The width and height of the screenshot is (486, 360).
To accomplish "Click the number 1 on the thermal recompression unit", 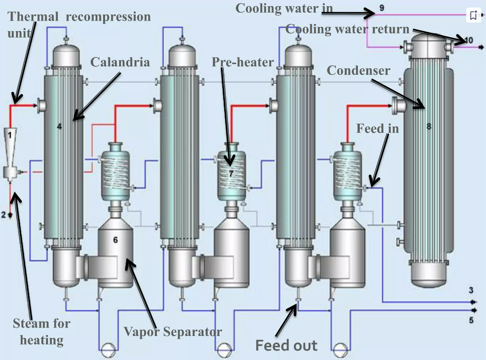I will (9, 135).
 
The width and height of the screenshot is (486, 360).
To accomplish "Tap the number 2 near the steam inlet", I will (4, 215).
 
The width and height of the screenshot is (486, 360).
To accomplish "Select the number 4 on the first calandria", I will (59, 126).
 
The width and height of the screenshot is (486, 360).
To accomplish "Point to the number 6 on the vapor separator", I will (115, 240).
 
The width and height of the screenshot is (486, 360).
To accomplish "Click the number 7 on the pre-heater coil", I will (231, 173).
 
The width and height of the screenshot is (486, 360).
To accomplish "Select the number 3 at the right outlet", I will (471, 289).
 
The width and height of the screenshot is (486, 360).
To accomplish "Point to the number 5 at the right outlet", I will (471, 320).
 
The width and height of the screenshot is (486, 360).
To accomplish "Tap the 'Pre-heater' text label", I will (243, 62).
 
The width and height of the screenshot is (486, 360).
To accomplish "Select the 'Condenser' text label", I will (358, 71).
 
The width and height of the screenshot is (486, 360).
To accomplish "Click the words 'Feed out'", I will (286, 345).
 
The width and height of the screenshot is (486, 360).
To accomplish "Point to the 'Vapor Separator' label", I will (173, 332).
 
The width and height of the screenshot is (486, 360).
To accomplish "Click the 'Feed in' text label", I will (377, 128).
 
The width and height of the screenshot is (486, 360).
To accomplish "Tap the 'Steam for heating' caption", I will (41, 331).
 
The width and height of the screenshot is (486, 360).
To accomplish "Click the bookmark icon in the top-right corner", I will (474, 15).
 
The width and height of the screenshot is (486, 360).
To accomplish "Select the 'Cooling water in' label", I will (284, 8).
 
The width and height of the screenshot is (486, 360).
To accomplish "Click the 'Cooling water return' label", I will (348, 29).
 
